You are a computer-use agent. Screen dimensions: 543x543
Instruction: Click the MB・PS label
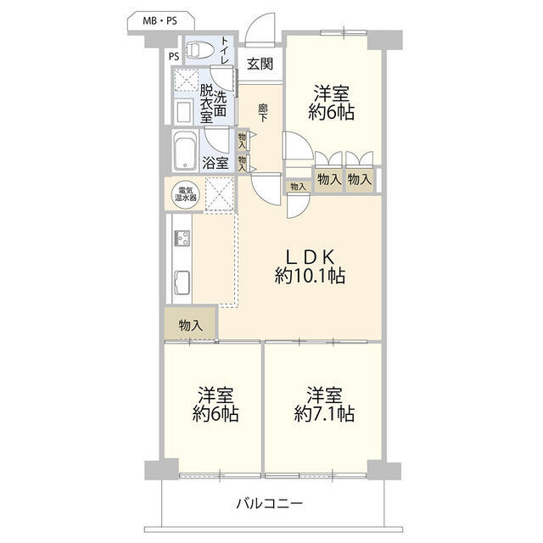160,21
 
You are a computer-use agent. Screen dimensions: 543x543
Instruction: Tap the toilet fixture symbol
200,50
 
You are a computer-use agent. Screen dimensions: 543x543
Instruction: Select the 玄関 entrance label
260,64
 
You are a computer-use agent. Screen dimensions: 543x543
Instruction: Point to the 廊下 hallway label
263,113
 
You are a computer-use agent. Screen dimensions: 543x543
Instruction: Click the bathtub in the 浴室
185,151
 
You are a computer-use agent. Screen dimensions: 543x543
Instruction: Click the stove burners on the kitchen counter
182,238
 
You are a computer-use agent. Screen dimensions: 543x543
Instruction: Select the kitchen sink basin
182,283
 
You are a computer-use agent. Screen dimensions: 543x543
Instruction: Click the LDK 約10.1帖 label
310,266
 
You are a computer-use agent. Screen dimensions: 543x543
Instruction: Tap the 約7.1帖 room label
324,414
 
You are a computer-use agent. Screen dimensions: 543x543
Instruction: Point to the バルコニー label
270,503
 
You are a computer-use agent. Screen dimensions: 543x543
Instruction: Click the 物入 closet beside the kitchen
191,325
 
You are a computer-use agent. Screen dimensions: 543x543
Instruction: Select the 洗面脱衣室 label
213,104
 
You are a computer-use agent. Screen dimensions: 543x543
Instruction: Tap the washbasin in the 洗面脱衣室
183,111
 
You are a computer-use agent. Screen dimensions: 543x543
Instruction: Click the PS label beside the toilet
174,56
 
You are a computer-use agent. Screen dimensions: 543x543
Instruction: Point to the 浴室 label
216,162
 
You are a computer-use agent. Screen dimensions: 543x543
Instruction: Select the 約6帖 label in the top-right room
332,113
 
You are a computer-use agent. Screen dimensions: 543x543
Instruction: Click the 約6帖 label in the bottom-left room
216,414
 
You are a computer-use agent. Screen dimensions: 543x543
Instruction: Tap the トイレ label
225,51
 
